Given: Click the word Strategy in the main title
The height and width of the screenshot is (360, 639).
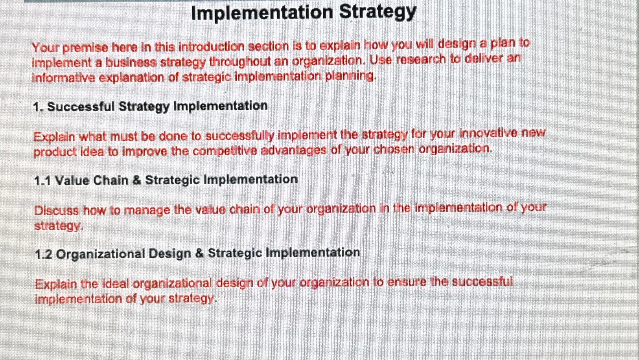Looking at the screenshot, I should pyautogui.click(x=377, y=12).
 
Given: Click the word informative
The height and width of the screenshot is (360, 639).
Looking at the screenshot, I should pyautogui.click(x=63, y=77).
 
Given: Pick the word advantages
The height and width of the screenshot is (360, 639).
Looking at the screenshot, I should pyautogui.click(x=293, y=150).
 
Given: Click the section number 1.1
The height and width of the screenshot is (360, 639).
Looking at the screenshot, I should pyautogui.click(x=42, y=181).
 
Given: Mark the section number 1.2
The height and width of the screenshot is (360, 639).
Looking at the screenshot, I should pyautogui.click(x=43, y=254).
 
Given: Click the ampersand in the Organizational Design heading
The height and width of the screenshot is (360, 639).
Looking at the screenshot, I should pyautogui.click(x=200, y=253).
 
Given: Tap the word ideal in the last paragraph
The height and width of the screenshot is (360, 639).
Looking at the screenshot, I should pyautogui.click(x=116, y=283).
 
